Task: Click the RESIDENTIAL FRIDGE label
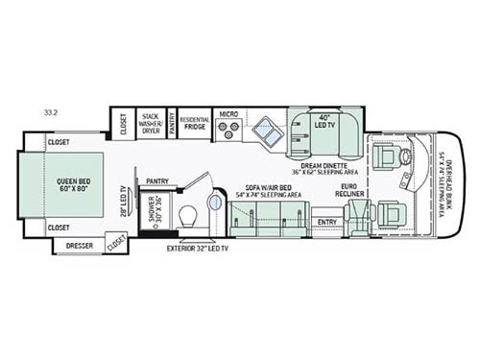point(195,123)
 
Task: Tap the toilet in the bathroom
point(188,215)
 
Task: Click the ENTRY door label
point(326,222)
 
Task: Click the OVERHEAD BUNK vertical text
point(444,182)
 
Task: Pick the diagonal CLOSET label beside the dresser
point(115,244)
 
